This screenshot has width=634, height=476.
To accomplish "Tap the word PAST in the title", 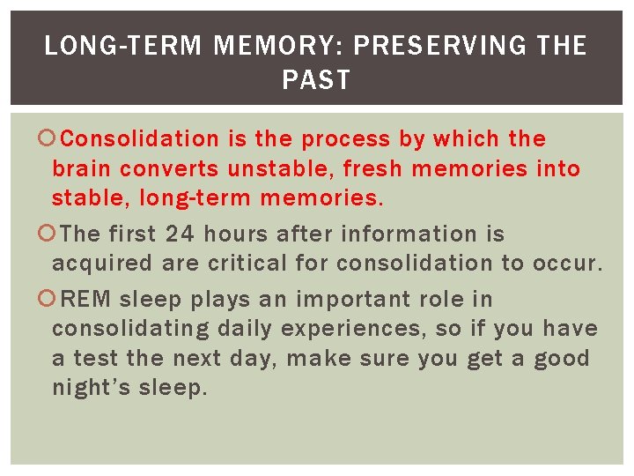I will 316,80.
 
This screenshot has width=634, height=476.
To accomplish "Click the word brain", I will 81,168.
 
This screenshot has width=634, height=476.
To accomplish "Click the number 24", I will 181,234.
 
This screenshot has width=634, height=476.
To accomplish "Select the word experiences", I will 338,330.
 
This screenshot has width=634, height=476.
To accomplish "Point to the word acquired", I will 101,264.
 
